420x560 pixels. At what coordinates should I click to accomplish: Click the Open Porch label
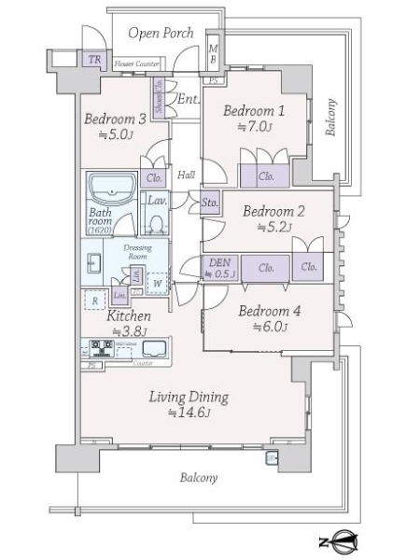[161, 34]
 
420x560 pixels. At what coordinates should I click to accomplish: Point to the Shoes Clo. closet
[160, 96]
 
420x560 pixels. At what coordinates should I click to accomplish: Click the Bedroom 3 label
[115, 119]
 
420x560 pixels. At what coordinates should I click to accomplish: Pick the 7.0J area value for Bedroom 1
[254, 127]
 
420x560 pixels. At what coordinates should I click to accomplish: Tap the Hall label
[187, 175]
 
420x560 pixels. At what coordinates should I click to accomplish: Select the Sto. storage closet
[211, 202]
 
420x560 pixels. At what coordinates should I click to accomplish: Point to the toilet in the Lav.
[157, 223]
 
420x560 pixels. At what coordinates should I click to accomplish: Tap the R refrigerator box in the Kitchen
[94, 301]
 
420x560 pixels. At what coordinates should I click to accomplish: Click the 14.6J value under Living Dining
[190, 412]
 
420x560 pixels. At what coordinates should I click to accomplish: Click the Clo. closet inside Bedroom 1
[266, 175]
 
